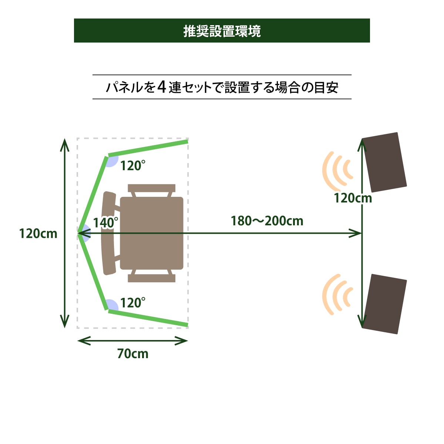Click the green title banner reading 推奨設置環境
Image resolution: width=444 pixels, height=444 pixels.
pyautogui.click(x=222, y=31)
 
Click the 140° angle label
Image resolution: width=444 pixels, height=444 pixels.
pyautogui.click(x=105, y=223)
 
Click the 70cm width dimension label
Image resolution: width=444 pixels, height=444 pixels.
pyautogui.click(x=133, y=354)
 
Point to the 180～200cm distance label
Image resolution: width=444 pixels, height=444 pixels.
pyautogui.click(x=267, y=221)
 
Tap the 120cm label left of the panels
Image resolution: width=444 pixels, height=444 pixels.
pyautogui.click(x=38, y=233)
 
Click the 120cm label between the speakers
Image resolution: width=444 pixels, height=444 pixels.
pyautogui.click(x=353, y=198)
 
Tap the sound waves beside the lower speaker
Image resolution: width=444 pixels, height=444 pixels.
pyautogui.click(x=336, y=295)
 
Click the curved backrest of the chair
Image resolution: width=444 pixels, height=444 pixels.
pyautogui.click(x=108, y=233)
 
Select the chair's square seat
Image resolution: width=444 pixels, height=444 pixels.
pyautogui.click(x=152, y=233)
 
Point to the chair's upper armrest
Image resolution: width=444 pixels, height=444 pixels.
pyautogui.click(x=152, y=188)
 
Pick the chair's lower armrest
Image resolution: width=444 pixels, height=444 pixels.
pyautogui.click(x=152, y=278)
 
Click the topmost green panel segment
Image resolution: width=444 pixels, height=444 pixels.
pyautogui.click(x=148, y=148)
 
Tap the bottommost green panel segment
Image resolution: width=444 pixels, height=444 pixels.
pyautogui.click(x=148, y=318)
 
